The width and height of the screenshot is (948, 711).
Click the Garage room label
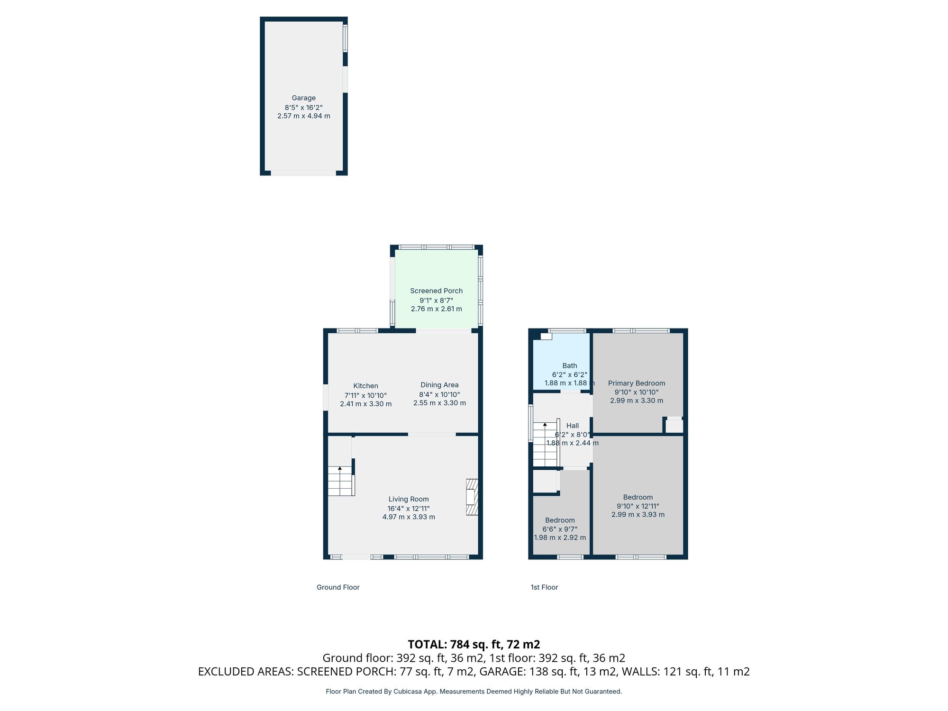pos(303,98)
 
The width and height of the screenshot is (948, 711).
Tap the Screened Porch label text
pos(436,291)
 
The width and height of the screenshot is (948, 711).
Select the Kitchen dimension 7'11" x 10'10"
pos(365,395)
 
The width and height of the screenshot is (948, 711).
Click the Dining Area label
pos(439,385)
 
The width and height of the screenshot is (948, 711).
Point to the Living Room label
pos(409,499)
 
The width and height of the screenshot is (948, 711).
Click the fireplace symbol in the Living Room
pos(472,497)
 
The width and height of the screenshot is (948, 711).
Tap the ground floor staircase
pos(340,481)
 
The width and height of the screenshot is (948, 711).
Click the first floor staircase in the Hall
pos(545,444)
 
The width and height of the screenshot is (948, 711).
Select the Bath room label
pos(570,365)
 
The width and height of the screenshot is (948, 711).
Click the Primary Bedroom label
pos(637,383)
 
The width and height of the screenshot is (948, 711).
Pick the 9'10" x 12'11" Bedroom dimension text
pos(638,506)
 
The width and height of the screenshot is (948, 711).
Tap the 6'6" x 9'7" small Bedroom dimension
pos(560,529)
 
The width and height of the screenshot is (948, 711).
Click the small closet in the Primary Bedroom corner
pos(674,426)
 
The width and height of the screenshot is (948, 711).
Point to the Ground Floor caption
pos(338,587)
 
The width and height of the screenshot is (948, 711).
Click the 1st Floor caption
pos(544,587)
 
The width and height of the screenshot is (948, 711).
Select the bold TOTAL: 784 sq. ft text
pos(474,645)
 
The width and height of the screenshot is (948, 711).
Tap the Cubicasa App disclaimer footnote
pos(474,692)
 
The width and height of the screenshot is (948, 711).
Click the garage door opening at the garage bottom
pos(303,173)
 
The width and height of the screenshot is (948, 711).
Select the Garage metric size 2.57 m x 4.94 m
pos(303,116)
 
